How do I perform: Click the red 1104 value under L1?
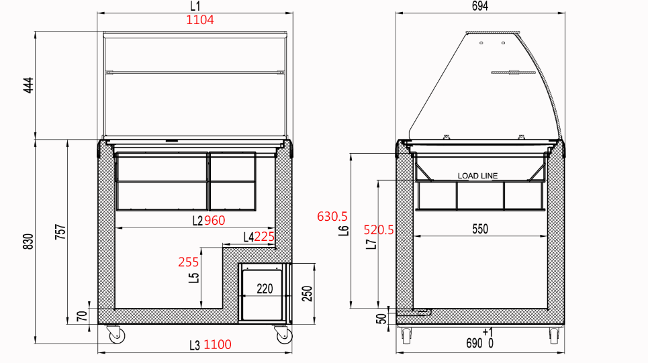[x=200, y=20]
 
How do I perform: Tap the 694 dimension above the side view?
[x=480, y=6]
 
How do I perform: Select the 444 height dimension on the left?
[x=28, y=85]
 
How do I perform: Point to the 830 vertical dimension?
[x=28, y=242]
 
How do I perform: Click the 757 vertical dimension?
[x=60, y=232]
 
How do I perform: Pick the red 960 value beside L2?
[x=215, y=221]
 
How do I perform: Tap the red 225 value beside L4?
[x=264, y=237]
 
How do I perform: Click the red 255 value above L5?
[x=189, y=262]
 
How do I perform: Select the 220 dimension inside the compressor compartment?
[x=265, y=289]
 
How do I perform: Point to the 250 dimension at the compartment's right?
[x=307, y=294]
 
